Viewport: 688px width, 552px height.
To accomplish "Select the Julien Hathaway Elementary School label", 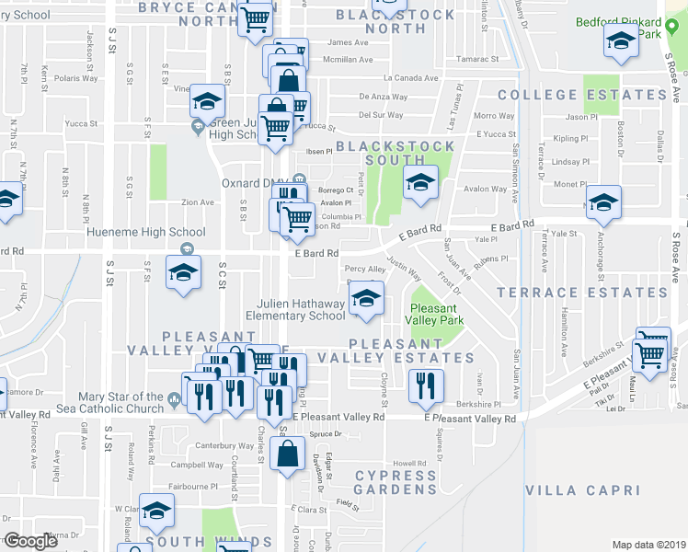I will pos(302,310).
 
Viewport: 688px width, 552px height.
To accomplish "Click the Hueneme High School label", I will pos(146,233).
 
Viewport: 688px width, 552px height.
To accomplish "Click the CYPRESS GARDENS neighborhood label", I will pos(396,482).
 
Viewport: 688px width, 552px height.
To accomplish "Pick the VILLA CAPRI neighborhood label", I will pos(582,491).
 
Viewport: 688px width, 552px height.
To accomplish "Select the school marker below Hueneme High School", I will pos(182,272).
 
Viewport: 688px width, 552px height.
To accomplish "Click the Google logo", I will pos(30,541).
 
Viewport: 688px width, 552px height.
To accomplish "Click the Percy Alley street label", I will pos(363,269).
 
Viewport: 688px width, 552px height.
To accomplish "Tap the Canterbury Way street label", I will pos(224,446).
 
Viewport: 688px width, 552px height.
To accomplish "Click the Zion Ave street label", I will pos(198,202).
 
